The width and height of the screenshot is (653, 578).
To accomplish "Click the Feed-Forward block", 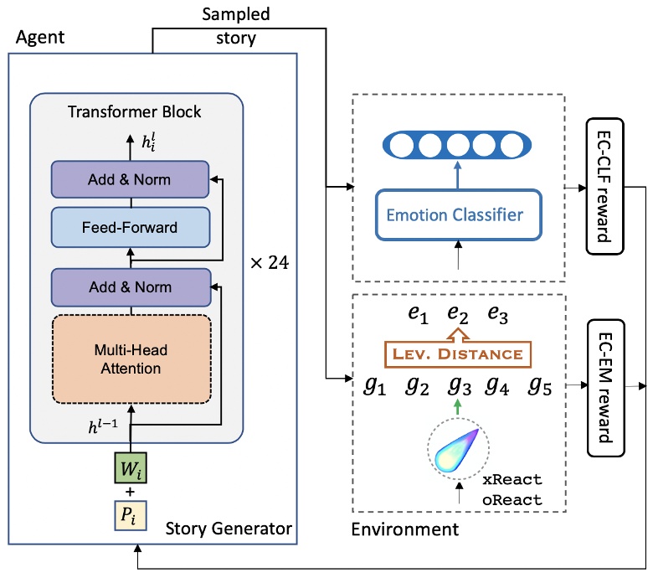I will pos(130,226).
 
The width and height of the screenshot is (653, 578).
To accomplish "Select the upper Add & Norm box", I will pos(130,180).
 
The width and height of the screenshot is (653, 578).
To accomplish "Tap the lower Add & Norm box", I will pos(130,287).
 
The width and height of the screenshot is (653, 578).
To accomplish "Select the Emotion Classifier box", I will pos(455,215).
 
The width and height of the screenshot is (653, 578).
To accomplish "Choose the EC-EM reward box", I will pos(603,388).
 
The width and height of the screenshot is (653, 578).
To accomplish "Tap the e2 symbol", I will pos(456,317).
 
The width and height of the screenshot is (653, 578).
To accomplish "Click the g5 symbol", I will pos(540,387).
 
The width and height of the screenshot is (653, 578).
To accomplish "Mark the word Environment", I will pos(405,529).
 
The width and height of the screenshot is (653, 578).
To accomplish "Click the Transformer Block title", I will pos(136,112).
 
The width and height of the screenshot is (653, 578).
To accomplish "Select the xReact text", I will pos(512,480).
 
